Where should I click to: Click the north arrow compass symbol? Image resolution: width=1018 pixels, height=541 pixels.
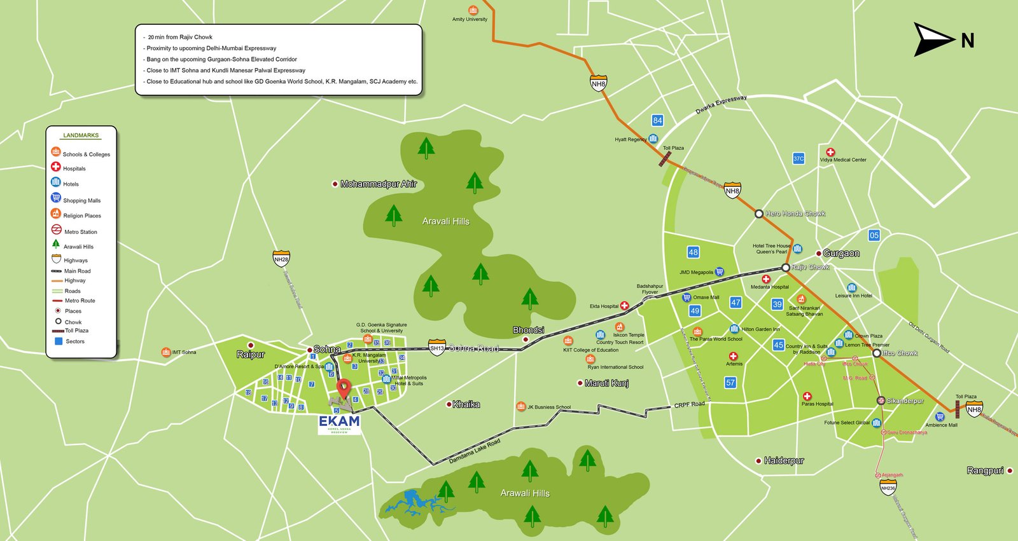(934, 40)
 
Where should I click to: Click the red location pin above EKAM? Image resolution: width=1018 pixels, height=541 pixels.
(344, 388)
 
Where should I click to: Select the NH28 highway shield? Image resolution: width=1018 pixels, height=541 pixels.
(281, 259)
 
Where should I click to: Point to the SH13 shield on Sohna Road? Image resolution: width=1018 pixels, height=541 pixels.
(436, 348)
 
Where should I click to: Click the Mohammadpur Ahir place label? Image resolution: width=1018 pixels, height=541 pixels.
(378, 184)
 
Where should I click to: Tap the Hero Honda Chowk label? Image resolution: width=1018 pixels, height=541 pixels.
(795, 214)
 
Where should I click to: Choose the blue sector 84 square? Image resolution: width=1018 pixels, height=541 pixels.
(657, 120)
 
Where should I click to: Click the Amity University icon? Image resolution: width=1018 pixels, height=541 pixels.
(473, 10)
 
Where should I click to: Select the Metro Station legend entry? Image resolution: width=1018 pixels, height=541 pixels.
(80, 231)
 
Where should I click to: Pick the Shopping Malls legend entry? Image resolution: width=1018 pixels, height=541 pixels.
(81, 200)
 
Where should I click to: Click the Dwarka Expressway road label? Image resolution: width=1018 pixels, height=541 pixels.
(720, 104)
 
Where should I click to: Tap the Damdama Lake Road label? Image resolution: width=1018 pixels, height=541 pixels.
(474, 451)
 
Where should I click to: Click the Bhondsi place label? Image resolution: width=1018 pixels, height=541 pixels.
(528, 330)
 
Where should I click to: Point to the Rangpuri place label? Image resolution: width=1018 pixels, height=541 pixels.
(985, 470)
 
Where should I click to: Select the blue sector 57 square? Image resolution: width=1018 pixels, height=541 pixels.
(730, 382)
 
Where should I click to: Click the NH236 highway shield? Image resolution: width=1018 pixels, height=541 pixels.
(888, 488)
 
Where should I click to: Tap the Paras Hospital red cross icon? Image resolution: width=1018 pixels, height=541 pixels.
(807, 396)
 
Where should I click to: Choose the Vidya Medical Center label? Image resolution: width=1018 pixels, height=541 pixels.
(843, 160)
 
